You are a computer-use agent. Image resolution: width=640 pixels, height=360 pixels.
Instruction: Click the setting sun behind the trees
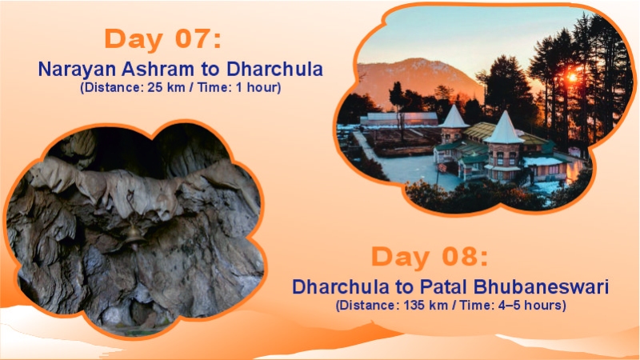571,77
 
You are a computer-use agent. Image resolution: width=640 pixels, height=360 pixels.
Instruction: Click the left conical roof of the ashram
454,117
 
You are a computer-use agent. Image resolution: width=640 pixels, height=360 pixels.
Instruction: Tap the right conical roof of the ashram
505,127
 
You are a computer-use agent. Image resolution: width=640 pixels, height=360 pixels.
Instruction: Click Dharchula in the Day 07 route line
275,69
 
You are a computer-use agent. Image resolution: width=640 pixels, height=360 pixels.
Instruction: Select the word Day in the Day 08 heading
400,258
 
